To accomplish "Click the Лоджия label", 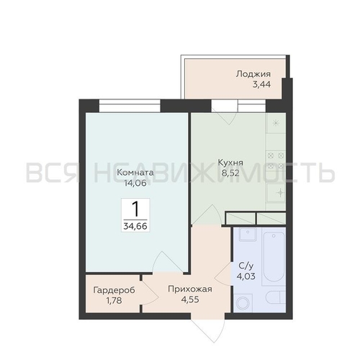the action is pyautogui.click(x=253, y=74).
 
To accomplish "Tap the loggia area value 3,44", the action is pyautogui.click(x=261, y=84).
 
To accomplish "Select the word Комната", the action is pyautogui.click(x=135, y=172).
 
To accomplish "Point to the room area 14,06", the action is pyautogui.click(x=135, y=183).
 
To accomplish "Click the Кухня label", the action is pyautogui.click(x=230, y=163).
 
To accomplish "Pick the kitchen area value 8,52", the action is pyautogui.click(x=230, y=173).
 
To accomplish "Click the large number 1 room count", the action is pyautogui.click(x=135, y=209).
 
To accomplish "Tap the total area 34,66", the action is pyautogui.click(x=135, y=226).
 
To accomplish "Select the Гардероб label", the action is pyautogui.click(x=114, y=290).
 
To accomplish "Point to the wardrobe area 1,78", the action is pyautogui.click(x=114, y=300).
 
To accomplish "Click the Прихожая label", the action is pyautogui.click(x=190, y=289).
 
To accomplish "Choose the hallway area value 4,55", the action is pyautogui.click(x=190, y=300).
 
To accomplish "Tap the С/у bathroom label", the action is pyautogui.click(x=246, y=266).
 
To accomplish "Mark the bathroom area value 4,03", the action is pyautogui.click(x=246, y=276).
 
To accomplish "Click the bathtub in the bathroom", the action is pyautogui.click(x=274, y=256).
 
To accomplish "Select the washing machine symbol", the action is pyautogui.click(x=243, y=303).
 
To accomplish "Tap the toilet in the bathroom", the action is pyautogui.click(x=276, y=297).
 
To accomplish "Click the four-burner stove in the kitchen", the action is pyautogui.click(x=276, y=161).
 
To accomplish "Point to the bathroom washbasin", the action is pyautogui.click(x=248, y=234).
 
